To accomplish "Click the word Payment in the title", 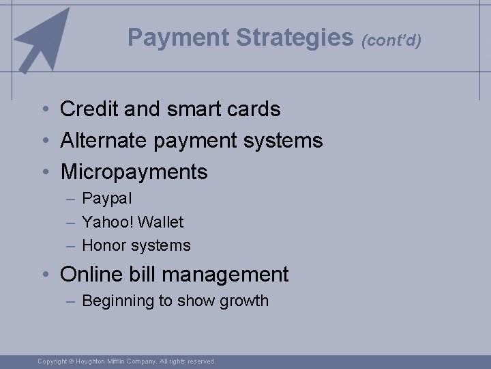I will [x=179, y=38].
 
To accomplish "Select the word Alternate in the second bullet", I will [x=104, y=141].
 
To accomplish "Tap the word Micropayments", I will [x=134, y=172].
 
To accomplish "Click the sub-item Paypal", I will [x=107, y=199].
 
